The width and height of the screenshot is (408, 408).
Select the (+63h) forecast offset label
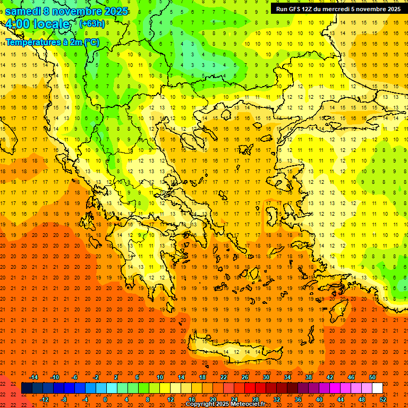click(92, 24)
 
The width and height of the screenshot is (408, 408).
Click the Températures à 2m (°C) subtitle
click(52, 41)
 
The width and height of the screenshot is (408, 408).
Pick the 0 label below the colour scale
click(105, 399)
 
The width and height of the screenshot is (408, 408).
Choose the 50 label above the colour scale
click(372, 377)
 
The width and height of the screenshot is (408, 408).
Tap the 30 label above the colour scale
click(266, 377)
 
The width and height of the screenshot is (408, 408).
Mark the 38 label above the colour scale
click(308, 377)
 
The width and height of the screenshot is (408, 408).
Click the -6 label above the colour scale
click(75, 377)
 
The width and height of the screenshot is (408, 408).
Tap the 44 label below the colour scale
click(341, 399)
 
